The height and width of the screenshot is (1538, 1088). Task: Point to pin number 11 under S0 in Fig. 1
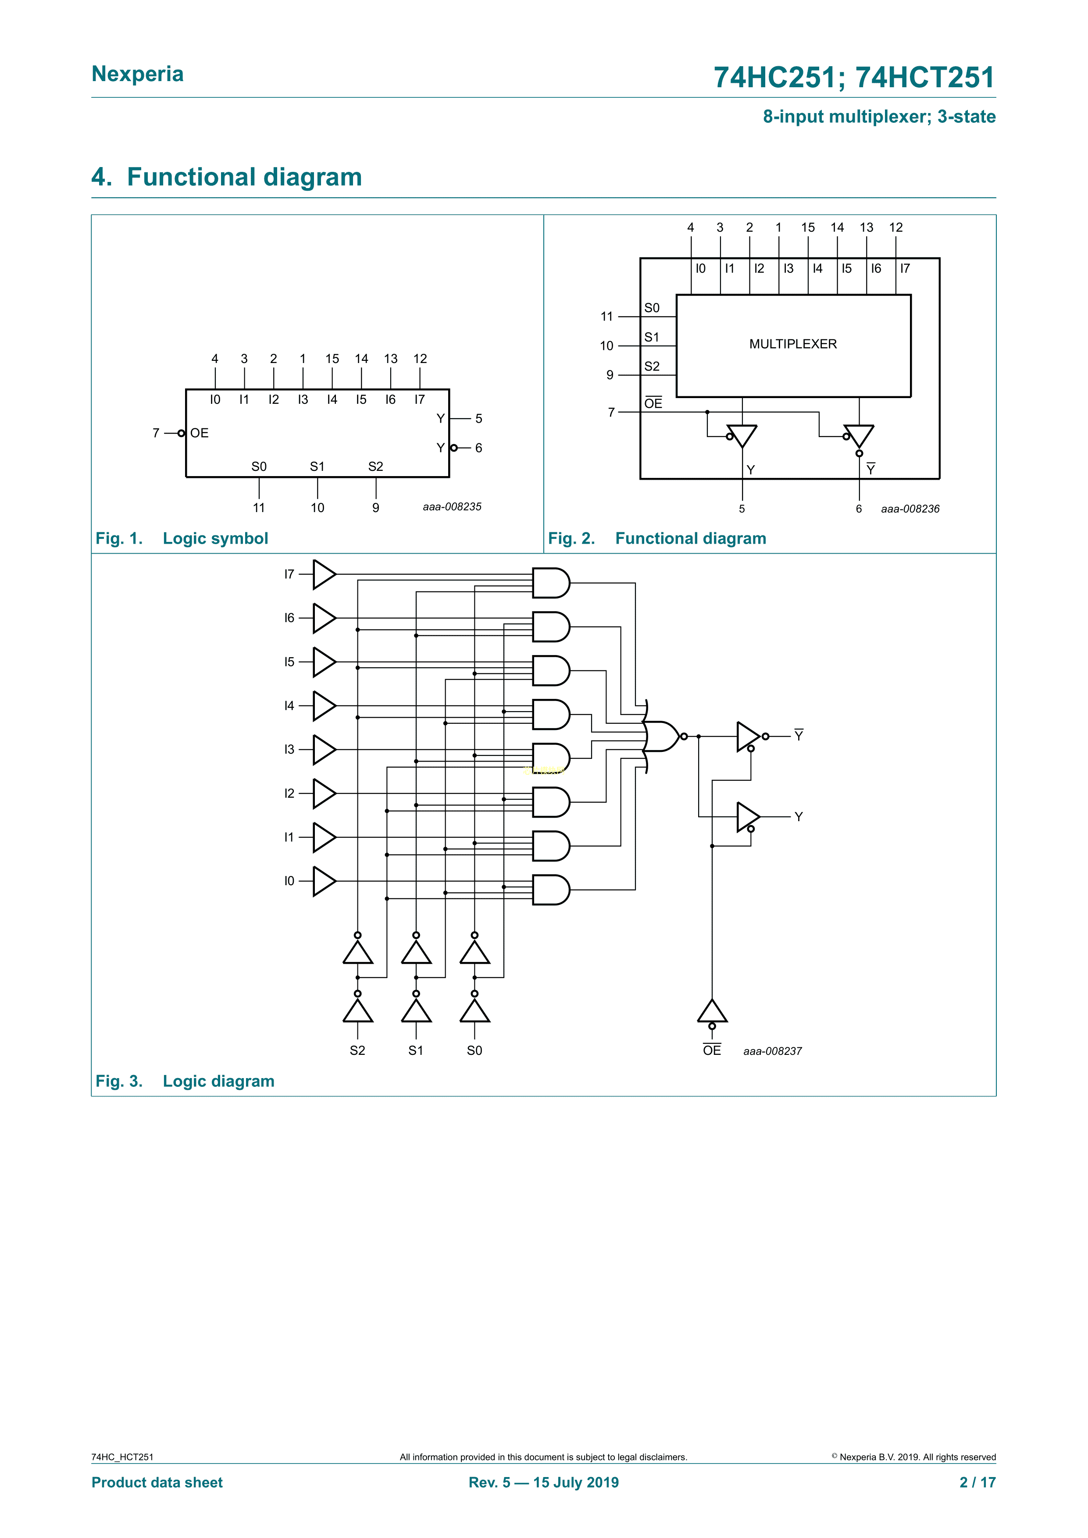coord(259,508)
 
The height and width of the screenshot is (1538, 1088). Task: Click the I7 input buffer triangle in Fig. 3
coord(324,574)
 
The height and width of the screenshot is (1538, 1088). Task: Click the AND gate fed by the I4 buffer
coord(550,714)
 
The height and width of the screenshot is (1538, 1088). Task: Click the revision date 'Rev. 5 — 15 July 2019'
coord(543,1482)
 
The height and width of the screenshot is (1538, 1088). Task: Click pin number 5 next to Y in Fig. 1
coord(478,419)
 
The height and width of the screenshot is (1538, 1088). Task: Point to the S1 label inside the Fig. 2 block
coord(651,337)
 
